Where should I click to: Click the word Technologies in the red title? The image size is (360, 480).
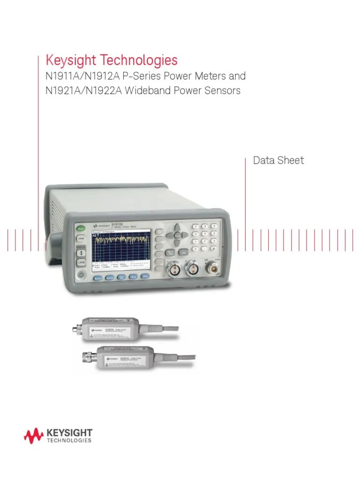click(136, 60)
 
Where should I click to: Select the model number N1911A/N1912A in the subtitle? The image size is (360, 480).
click(79, 76)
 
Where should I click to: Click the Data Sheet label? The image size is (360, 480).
click(278, 160)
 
